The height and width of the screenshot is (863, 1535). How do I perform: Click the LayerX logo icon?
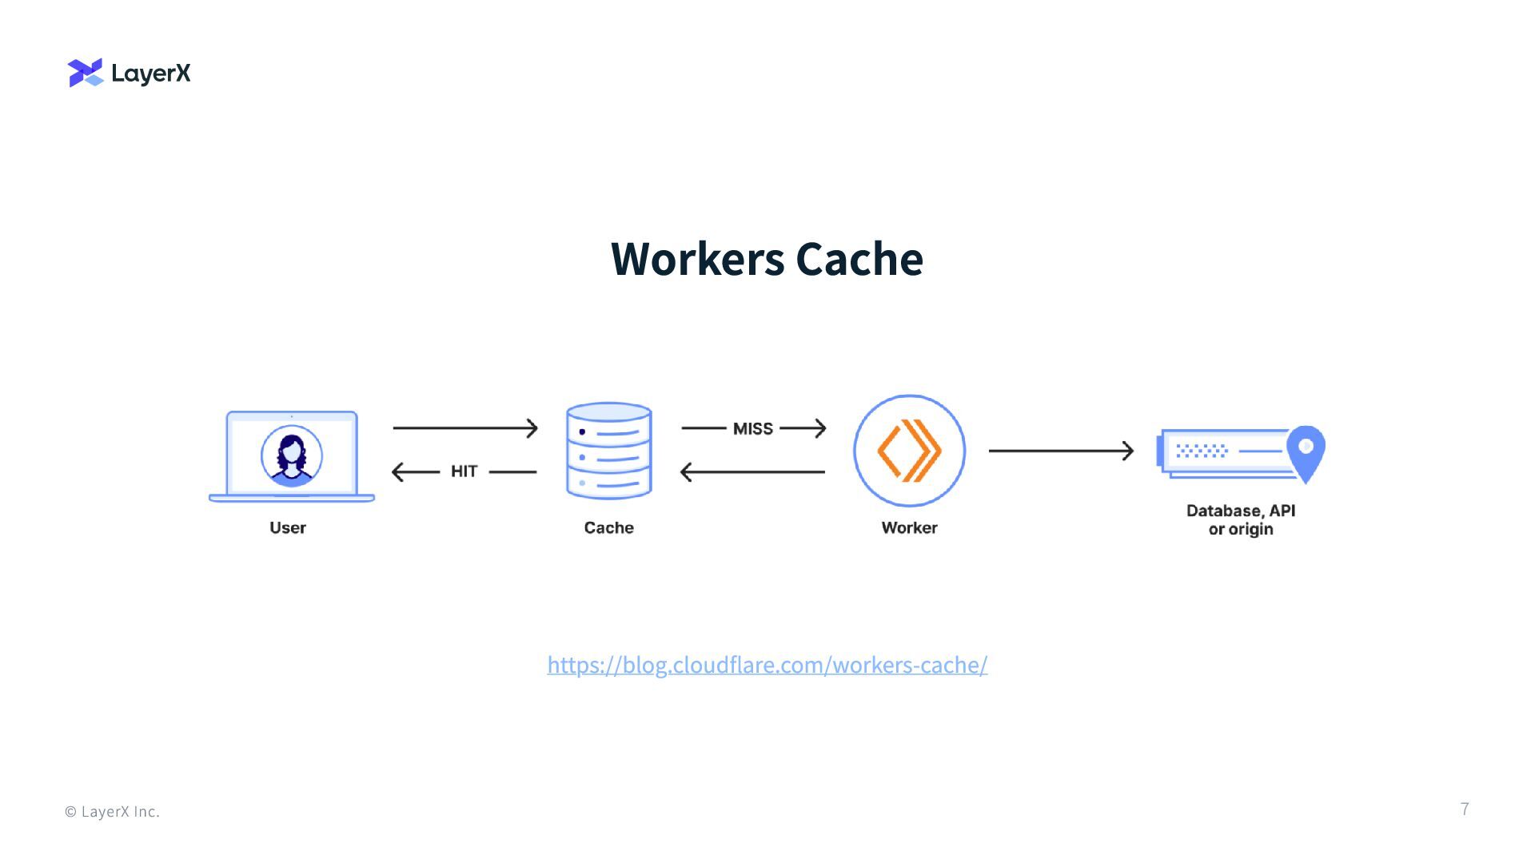coord(86,73)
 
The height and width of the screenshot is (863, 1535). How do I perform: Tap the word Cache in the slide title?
coord(859,259)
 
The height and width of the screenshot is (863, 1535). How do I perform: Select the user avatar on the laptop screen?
coord(292,456)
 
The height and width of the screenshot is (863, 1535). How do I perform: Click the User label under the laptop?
coord(288,528)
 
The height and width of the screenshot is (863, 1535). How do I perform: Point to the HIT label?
coord(464,471)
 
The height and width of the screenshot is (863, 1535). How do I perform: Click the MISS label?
coord(753,429)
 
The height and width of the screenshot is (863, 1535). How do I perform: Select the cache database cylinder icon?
coord(609,451)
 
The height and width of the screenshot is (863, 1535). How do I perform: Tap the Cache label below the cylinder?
coord(608,528)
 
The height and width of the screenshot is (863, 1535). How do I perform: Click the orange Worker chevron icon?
coord(910,451)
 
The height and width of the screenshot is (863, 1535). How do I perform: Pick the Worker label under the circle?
coord(909,528)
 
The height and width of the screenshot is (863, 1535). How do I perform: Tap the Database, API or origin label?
coord(1241,519)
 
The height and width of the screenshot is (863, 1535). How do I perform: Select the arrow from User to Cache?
coord(465,428)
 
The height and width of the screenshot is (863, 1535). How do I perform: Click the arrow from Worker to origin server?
coord(1061,451)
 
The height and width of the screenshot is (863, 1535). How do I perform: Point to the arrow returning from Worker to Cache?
coord(752,472)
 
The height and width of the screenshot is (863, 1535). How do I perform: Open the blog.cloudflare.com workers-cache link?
coord(767,665)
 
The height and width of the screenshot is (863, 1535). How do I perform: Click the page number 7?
coord(1465,809)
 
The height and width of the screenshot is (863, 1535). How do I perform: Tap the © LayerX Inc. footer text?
coord(112,812)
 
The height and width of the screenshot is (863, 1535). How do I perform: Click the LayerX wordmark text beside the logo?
coord(151,74)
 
